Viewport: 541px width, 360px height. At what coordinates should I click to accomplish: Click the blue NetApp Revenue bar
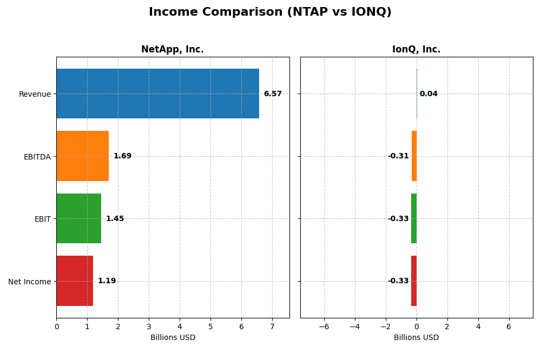coord(157,94)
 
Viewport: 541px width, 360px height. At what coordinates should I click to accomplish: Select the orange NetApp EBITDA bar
coord(82,156)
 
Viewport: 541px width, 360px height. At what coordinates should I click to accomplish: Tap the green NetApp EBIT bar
coord(78,218)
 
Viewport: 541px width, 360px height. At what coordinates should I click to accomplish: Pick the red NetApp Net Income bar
coord(75,281)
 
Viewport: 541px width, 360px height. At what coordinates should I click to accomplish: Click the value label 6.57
coord(273,94)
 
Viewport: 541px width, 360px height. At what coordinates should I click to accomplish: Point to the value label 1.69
coord(122,156)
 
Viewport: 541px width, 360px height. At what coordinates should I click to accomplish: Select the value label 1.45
coord(115,219)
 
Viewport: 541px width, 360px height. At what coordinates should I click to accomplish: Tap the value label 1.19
coord(107,281)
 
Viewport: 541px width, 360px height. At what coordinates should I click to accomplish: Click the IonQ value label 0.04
coord(428,94)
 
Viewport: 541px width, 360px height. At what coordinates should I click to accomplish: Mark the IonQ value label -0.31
coord(398,156)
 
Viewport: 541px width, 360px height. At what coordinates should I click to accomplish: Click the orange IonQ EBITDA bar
coord(414,156)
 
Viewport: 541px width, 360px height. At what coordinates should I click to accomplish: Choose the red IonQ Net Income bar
coord(414,281)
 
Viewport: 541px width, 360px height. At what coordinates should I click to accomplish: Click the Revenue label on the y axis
coord(35,95)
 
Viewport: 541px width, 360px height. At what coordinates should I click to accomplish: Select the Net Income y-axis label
coord(29,282)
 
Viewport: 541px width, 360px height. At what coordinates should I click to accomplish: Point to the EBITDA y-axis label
coord(37,157)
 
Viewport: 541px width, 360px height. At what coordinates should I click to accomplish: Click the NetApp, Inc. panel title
coord(173,50)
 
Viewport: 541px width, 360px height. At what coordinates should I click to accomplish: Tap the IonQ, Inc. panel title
coord(416,50)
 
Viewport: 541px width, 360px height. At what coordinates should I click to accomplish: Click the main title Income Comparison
coord(270,12)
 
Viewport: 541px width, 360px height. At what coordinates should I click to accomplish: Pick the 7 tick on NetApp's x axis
coord(272,326)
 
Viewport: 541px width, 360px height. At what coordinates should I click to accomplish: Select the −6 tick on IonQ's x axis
coord(324,326)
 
